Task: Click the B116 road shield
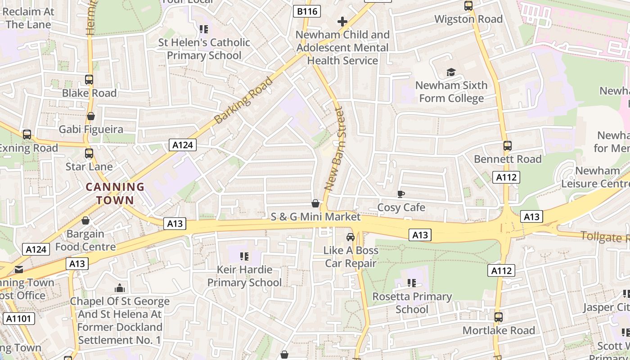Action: point(307,11)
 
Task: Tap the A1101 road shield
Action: point(18,319)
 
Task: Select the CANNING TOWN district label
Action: point(115,193)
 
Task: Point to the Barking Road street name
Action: point(243,101)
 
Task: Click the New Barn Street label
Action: point(336,148)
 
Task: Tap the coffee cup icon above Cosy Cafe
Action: point(400,194)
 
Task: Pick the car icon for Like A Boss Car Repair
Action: point(351,237)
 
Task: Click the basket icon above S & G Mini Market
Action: point(315,204)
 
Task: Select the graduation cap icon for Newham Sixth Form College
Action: point(451,72)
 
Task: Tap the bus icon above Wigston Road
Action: point(468,6)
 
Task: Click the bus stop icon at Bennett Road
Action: point(508,146)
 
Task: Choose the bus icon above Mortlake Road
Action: point(498,317)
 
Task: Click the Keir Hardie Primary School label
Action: point(244,276)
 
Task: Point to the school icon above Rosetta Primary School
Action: point(411,283)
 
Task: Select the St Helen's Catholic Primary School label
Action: point(204,49)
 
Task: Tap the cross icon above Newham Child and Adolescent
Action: point(342,21)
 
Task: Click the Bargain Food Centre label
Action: point(85,240)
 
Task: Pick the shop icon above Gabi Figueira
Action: point(91,116)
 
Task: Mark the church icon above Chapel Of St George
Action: point(120,288)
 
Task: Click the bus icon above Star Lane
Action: point(89,153)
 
